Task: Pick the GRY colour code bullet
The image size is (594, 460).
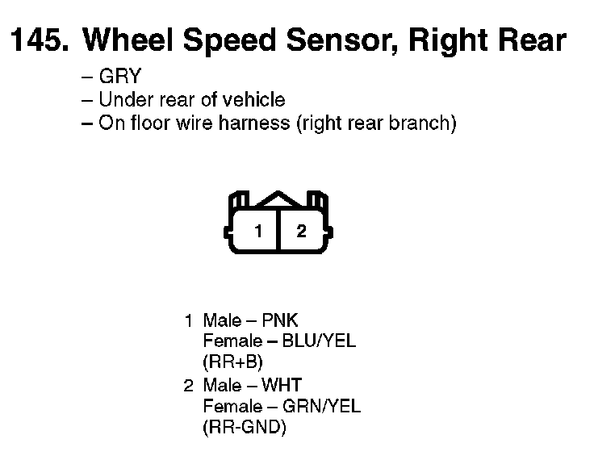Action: point(119,77)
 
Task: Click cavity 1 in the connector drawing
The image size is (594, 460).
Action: point(258,232)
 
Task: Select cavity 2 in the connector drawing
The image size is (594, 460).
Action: point(301,232)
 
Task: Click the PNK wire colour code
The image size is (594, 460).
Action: point(280,320)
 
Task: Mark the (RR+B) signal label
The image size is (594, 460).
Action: point(233,361)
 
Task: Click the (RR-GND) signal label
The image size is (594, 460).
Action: point(245,427)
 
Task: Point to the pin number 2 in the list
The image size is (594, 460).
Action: point(188,385)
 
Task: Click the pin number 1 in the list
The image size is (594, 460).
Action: point(188,320)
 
